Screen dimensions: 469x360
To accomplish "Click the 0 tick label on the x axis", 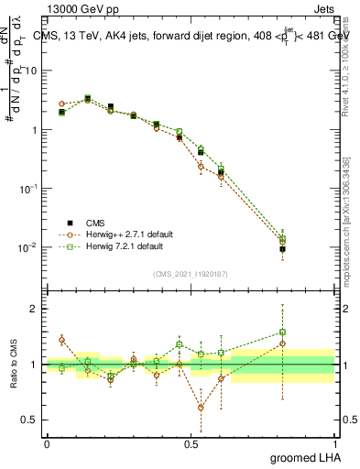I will point(47,442).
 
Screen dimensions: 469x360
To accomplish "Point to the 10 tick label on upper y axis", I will point(32,71).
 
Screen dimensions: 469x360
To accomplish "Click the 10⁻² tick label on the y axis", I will point(29,247).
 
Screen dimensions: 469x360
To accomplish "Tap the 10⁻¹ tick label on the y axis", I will point(29,189).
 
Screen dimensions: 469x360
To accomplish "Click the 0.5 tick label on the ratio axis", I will point(32,420).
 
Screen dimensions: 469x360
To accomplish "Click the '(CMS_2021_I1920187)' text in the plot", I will point(190,273).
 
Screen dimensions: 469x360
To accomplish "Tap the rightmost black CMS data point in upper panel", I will point(282,249).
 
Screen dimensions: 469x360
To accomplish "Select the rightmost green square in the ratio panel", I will point(282,333).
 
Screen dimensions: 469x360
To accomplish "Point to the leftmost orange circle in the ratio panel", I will point(61,339).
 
